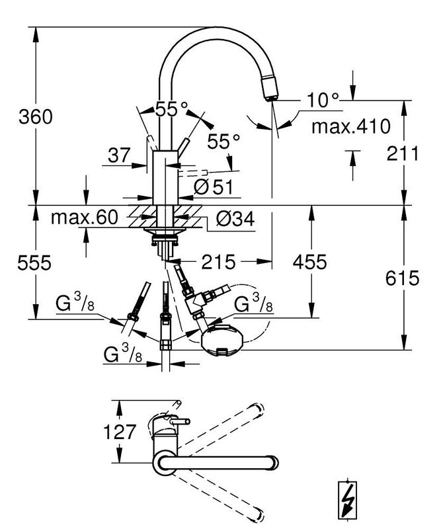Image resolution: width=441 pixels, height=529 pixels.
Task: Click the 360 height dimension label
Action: coord(36,117)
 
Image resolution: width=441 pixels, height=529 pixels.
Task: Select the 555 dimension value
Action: coord(34,263)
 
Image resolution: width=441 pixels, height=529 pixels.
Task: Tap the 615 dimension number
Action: coord(403,278)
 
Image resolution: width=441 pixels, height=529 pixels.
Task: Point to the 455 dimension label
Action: coord(309,262)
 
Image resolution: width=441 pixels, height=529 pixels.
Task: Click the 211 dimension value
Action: coord(403,153)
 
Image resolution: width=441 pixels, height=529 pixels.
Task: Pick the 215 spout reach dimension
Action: coord(218,262)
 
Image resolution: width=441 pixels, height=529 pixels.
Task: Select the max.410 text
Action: coord(351,126)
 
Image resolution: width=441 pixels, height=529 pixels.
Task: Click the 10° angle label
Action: coord(323,100)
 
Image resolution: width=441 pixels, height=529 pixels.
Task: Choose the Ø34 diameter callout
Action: coord(235,220)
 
